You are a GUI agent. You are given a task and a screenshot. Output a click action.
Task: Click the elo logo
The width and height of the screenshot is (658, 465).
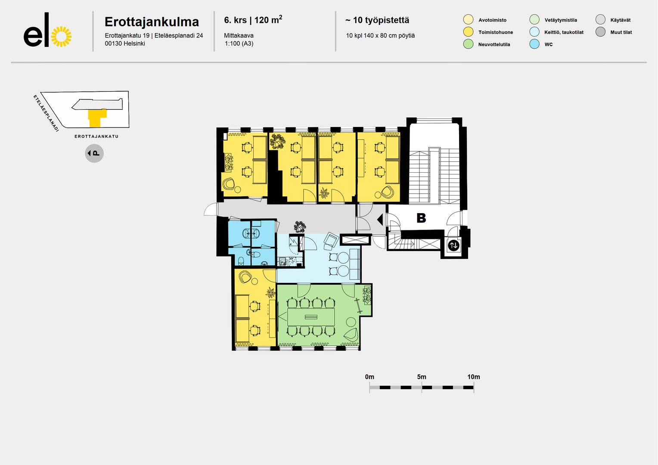(48, 30)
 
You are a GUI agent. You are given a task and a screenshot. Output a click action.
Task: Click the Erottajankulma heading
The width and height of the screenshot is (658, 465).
(152, 22)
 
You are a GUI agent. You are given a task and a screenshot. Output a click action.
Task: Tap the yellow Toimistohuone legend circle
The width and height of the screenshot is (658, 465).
(468, 32)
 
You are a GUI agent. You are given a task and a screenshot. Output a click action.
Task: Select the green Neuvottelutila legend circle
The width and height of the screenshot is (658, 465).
(468, 44)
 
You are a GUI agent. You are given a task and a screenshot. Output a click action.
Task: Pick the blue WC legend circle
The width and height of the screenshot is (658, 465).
(534, 44)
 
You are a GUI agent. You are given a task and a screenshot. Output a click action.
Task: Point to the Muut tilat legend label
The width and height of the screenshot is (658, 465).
(621, 32)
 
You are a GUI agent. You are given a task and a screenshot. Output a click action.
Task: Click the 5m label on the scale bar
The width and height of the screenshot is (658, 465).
(422, 377)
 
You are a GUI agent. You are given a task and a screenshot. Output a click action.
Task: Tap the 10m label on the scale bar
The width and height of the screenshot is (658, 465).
(474, 377)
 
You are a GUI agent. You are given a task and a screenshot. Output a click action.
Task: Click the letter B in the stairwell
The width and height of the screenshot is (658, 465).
(421, 218)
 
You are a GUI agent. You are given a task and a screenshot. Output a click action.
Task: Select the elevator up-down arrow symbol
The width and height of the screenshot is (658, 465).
(453, 245)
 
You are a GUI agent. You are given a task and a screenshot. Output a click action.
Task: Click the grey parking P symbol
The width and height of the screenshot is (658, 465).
(94, 153)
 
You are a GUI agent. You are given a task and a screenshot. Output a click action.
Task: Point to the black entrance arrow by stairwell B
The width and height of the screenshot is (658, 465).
(380, 220)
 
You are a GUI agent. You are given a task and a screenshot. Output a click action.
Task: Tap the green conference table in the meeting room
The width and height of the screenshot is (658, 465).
(311, 316)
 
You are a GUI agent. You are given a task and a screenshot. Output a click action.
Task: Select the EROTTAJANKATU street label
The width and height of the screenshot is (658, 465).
(96, 136)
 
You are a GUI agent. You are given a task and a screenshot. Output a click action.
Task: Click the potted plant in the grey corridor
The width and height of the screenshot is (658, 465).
(300, 227)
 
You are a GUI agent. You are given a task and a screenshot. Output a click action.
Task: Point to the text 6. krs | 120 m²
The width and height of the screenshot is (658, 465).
(253, 20)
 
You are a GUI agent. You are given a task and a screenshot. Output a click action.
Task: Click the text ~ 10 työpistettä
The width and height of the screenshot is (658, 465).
(377, 20)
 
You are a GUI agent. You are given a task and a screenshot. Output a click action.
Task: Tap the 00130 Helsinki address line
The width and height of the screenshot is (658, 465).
(125, 43)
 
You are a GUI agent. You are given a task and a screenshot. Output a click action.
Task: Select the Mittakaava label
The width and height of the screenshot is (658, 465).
(239, 36)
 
